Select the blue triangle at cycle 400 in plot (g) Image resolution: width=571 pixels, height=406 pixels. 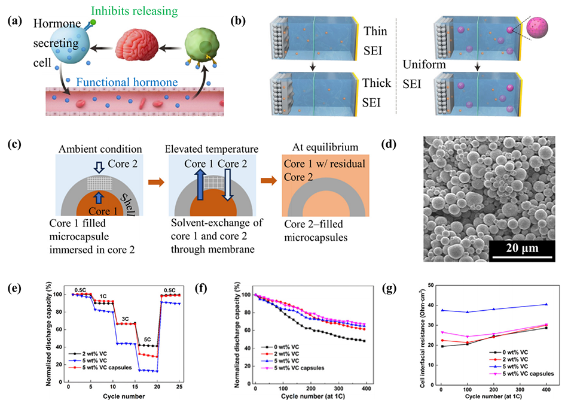[x=546, y=304]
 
